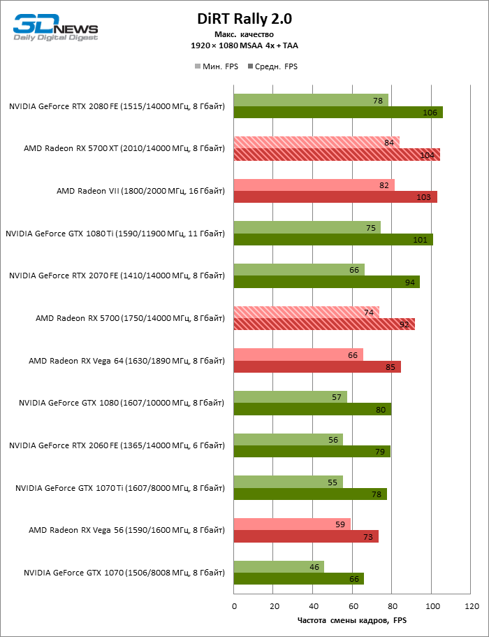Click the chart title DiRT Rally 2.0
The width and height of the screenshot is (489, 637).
(x=244, y=20)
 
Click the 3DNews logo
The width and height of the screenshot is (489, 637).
(x=55, y=28)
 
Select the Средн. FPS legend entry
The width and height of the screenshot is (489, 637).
(x=273, y=66)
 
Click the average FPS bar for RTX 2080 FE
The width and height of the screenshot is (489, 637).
(x=338, y=113)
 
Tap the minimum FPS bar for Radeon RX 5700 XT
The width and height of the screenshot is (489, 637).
(x=316, y=143)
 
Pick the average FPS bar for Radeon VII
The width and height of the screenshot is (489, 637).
(x=335, y=197)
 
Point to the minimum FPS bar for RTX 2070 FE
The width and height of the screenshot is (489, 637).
(x=299, y=269)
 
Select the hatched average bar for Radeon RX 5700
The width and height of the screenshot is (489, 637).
(x=324, y=324)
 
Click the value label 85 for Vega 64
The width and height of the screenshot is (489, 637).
(x=390, y=367)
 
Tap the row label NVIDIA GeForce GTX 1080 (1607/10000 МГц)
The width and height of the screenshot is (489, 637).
(x=122, y=403)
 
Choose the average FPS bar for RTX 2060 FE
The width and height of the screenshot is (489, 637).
(x=312, y=452)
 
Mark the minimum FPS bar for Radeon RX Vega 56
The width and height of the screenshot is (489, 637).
(x=292, y=524)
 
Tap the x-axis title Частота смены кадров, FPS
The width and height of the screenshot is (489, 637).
(x=351, y=620)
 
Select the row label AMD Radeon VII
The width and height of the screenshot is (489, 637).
(x=140, y=191)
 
